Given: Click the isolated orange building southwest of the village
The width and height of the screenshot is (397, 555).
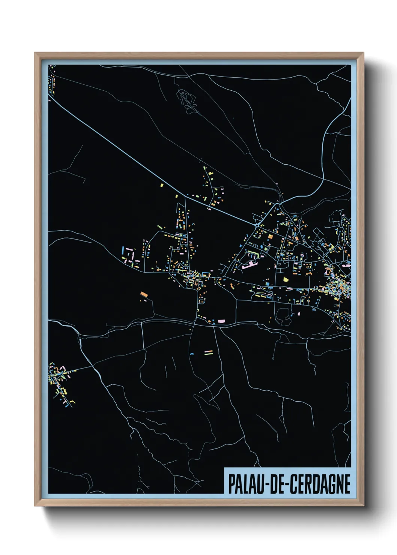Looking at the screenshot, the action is coord(143,294).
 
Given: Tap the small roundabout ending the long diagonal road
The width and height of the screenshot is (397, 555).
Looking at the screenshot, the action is coord(257,225).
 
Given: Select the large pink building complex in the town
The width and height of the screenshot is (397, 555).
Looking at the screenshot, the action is coord(250,265).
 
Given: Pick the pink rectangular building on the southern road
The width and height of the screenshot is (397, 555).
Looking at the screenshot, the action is coord(221,321).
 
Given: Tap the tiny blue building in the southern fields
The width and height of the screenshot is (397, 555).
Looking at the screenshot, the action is coord(192,354).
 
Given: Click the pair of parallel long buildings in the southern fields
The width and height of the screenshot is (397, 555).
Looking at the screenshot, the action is coord(208,352).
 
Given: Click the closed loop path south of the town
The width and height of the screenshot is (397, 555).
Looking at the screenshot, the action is coord(283,316).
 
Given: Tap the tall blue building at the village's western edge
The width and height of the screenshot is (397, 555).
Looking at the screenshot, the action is coord(123,250).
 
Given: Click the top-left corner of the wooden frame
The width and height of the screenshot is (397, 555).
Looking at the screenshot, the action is coord(35,53).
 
